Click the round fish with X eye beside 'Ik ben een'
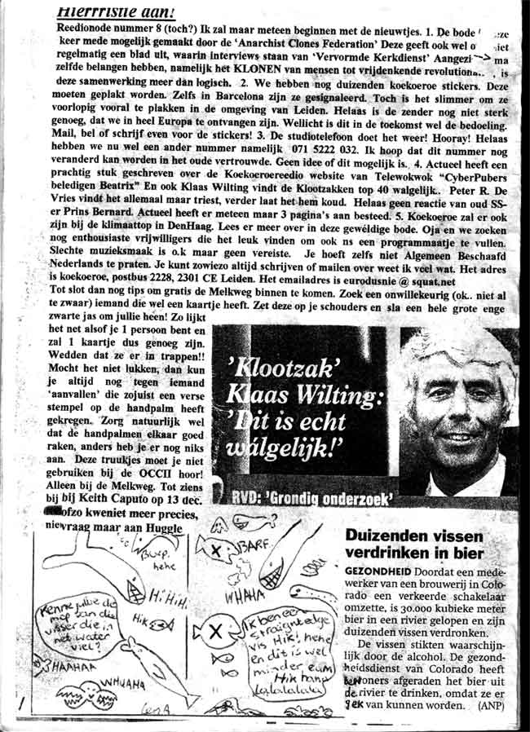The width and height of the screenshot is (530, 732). coord(214,632)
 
